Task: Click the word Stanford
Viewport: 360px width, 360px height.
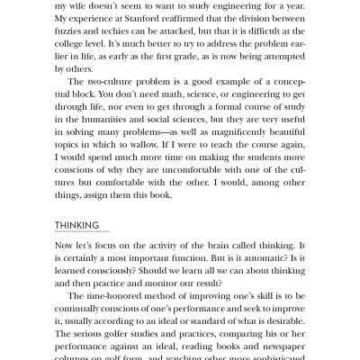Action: pyautogui.click(x=157, y=20)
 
